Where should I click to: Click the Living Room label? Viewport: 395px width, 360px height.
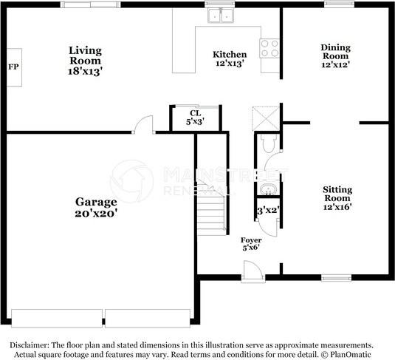pyautogui.click(x=85, y=61)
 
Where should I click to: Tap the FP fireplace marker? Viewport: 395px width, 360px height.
pyautogui.click(x=13, y=67)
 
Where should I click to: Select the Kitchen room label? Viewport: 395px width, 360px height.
pyautogui.click(x=229, y=58)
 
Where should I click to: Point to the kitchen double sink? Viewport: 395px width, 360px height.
pyautogui.click(x=219, y=16)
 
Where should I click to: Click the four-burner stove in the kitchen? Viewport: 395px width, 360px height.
pyautogui.click(x=269, y=48)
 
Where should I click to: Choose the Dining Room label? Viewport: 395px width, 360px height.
pyautogui.click(x=335, y=56)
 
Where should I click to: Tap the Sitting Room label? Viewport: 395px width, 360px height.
pyautogui.click(x=337, y=198)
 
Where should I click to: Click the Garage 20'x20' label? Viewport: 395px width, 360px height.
pyautogui.click(x=96, y=207)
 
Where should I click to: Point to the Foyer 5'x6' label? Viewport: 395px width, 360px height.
pyautogui.click(x=251, y=244)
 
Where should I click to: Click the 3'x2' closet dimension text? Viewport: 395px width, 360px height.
pyautogui.click(x=267, y=211)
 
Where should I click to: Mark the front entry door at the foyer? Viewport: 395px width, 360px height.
pyautogui.click(x=252, y=274)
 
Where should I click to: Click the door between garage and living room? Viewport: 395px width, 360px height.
pyautogui.click(x=143, y=126)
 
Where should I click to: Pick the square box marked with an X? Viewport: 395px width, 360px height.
pyautogui.click(x=264, y=118)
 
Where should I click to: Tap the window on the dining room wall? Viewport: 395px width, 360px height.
pyautogui.click(x=338, y=5)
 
